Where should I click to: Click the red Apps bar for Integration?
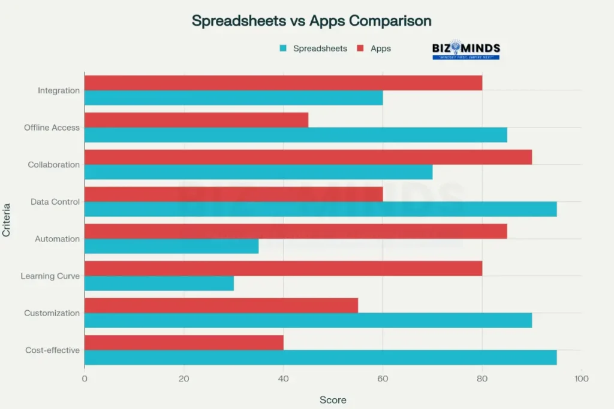pyautogui.click(x=283, y=83)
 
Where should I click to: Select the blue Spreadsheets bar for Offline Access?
pyautogui.click(x=296, y=135)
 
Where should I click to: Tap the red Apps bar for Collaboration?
pyautogui.click(x=308, y=157)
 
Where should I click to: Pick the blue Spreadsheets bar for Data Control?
pyautogui.click(x=320, y=209)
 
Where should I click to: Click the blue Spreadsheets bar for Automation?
pyautogui.click(x=171, y=246)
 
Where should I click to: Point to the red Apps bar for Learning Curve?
pyautogui.click(x=283, y=268)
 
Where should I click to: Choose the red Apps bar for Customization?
pyautogui.click(x=221, y=305)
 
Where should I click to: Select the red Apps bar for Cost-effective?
pyautogui.click(x=183, y=343)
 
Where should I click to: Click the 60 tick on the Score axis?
pyautogui.click(x=383, y=378)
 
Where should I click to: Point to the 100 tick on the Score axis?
pyautogui.click(x=581, y=378)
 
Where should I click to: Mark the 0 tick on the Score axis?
pyautogui.click(x=85, y=378)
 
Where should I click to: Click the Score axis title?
pyautogui.click(x=333, y=399)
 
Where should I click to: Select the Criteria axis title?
pyautogui.click(x=7, y=220)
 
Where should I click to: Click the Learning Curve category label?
pyautogui.click(x=50, y=276)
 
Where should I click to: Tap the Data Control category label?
pyautogui.click(x=55, y=202)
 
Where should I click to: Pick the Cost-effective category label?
pyautogui.click(x=52, y=350)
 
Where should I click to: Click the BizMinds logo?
pyautogui.click(x=466, y=50)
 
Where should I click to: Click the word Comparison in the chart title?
pyautogui.click(x=390, y=20)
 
